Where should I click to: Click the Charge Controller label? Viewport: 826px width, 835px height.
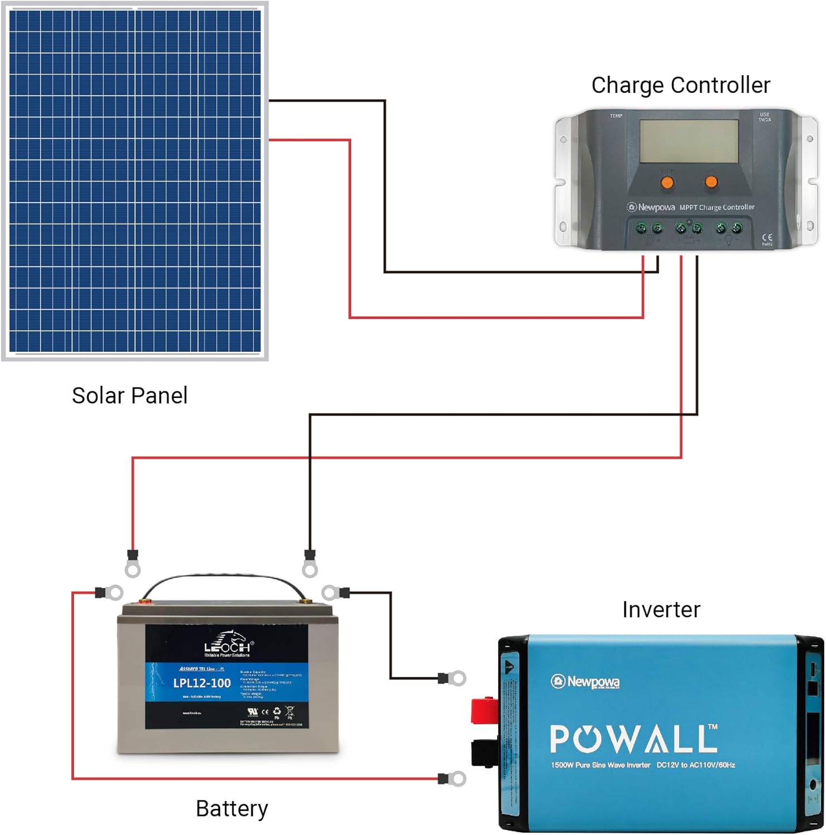[680, 85]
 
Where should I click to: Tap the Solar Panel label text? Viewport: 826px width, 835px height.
[130, 395]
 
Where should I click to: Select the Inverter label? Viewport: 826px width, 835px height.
[661, 610]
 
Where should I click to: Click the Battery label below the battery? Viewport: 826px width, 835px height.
[232, 808]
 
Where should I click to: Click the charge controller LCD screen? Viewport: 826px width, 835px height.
[689, 141]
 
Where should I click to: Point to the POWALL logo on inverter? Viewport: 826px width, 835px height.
[633, 739]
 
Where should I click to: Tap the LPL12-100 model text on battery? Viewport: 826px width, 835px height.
[201, 683]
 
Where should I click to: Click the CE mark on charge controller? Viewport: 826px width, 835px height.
[766, 238]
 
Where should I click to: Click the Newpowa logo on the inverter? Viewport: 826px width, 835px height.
[585, 681]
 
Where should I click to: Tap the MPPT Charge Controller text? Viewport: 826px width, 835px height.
[717, 207]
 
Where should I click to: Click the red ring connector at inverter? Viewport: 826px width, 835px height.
[453, 778]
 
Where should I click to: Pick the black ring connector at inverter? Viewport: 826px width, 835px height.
[453, 678]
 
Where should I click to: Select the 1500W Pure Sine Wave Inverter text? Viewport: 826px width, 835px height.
[600, 765]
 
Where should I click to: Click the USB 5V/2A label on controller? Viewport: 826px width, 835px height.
[764, 117]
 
